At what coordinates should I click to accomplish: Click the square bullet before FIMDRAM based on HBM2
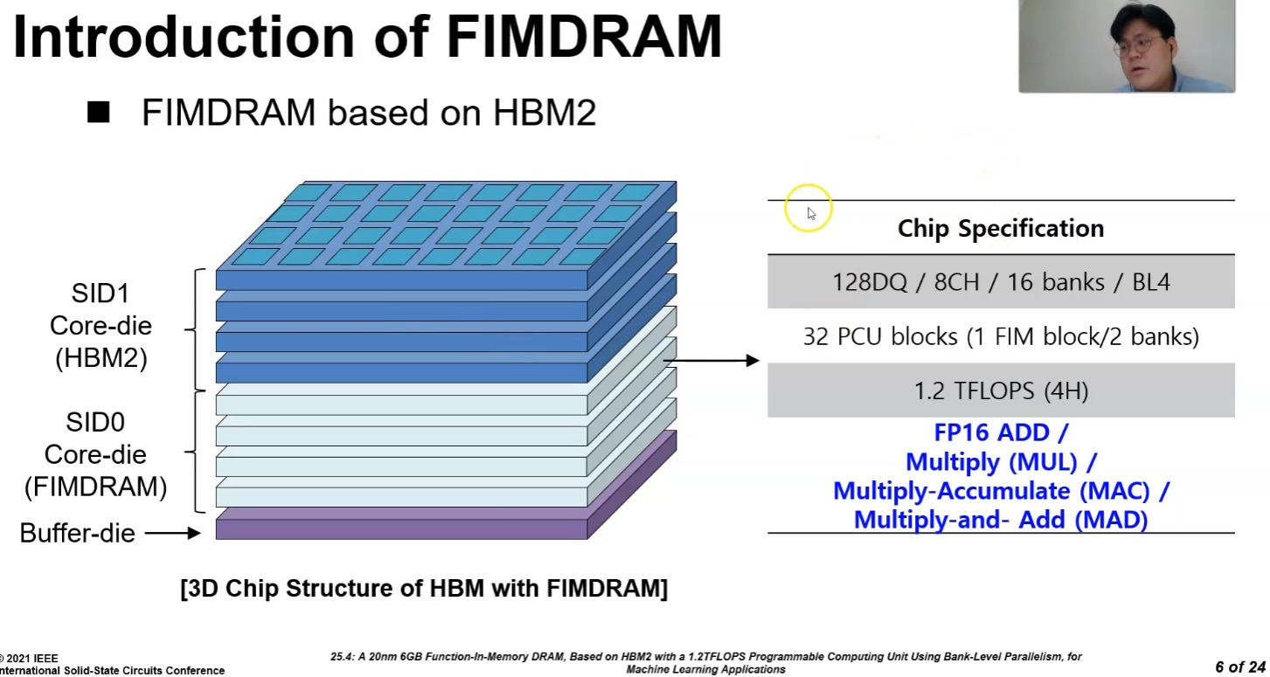99,113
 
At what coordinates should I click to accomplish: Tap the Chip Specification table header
1001,229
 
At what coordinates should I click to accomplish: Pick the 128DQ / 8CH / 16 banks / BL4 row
1001,282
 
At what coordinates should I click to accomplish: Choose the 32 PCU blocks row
1001,336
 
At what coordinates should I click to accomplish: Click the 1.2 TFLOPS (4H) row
1001,390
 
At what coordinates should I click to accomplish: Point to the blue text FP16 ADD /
1001,432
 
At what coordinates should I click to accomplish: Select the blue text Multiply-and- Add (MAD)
1001,520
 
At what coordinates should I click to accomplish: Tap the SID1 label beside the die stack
100,293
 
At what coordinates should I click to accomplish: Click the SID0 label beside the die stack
95,423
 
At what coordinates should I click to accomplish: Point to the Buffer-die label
77,533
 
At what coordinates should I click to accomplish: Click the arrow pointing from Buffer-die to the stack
172,533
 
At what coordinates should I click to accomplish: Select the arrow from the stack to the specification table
711,361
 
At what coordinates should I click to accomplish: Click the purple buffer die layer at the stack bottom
400,529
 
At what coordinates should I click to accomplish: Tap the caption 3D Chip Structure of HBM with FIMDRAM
424,588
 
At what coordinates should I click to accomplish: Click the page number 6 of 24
1239,667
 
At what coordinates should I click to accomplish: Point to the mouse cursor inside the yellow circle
810,212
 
